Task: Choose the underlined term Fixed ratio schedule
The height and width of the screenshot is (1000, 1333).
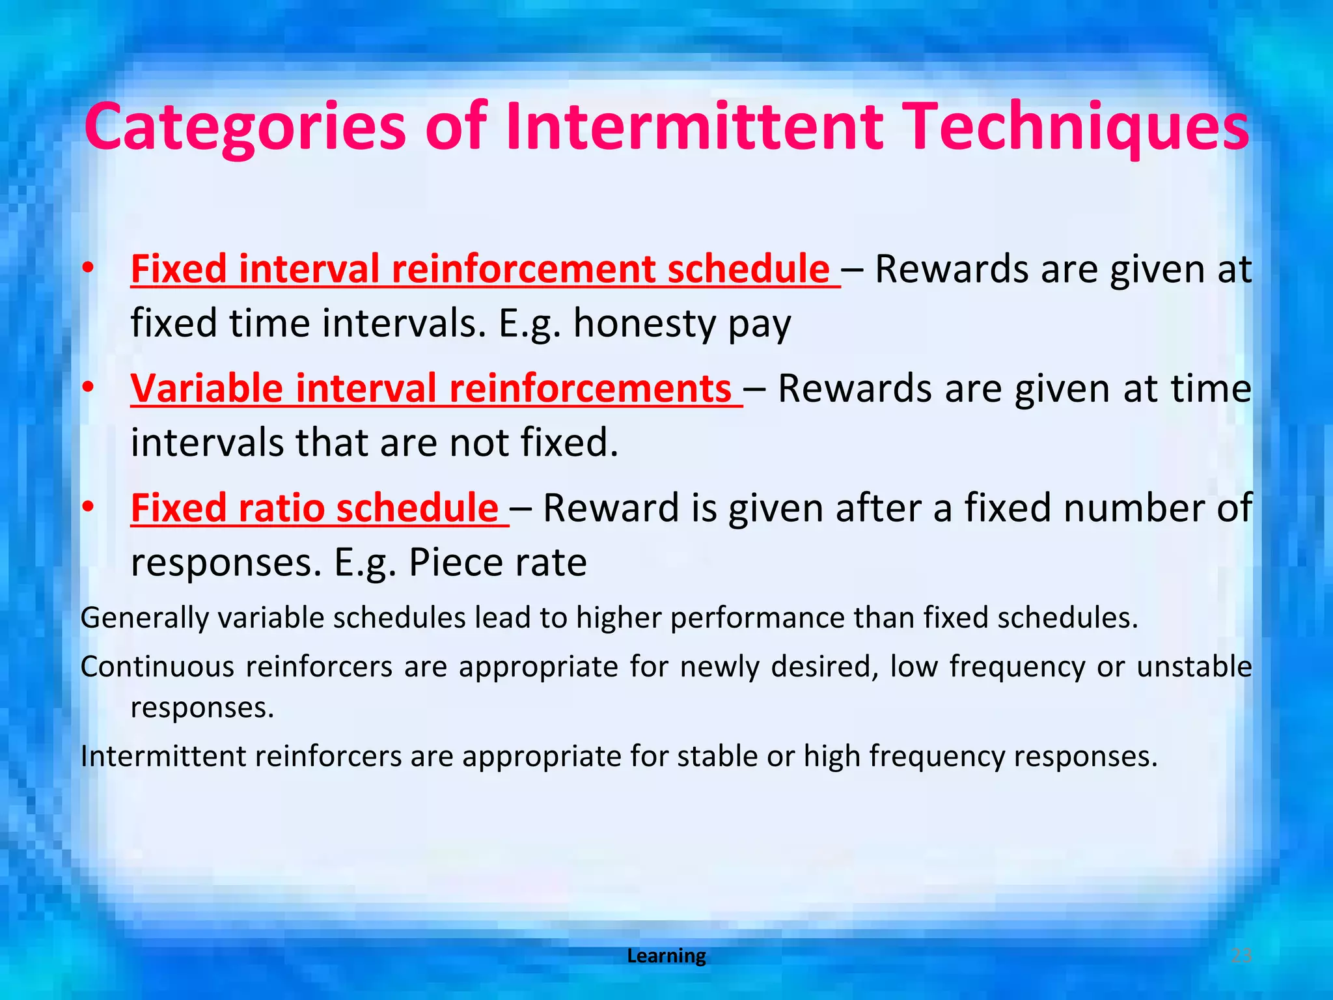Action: click(x=315, y=508)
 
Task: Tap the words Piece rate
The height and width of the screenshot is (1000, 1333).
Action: click(x=497, y=562)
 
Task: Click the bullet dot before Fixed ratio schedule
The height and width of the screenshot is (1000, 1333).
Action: click(x=89, y=507)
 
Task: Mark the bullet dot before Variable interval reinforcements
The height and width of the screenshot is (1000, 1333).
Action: click(x=89, y=387)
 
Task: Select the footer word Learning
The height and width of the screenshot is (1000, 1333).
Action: click(x=666, y=956)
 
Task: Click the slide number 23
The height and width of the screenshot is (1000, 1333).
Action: click(x=1241, y=956)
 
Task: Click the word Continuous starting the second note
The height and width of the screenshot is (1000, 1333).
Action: click(x=157, y=667)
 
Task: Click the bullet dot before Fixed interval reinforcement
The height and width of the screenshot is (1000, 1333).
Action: click(x=89, y=268)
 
